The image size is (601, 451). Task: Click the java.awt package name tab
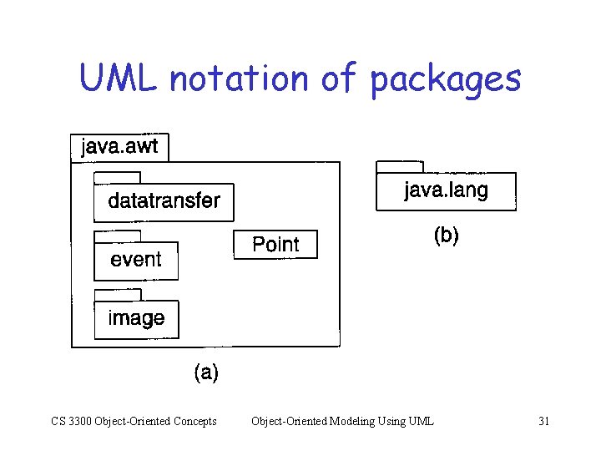coord(120,148)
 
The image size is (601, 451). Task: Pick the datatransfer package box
coord(164,202)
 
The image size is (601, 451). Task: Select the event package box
coord(136,260)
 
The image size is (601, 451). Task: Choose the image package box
coord(136,319)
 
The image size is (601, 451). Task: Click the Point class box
coord(275,245)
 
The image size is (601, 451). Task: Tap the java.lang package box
coord(446,191)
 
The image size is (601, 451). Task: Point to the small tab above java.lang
coord(400,167)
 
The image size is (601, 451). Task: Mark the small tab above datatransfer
coord(117,178)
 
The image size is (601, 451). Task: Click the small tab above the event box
coord(117,236)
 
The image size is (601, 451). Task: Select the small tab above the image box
coord(117,295)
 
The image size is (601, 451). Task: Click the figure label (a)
coord(206,373)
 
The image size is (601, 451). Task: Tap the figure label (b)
coord(446,236)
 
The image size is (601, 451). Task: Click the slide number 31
coord(543,421)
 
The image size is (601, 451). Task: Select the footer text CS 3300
coord(70,421)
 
